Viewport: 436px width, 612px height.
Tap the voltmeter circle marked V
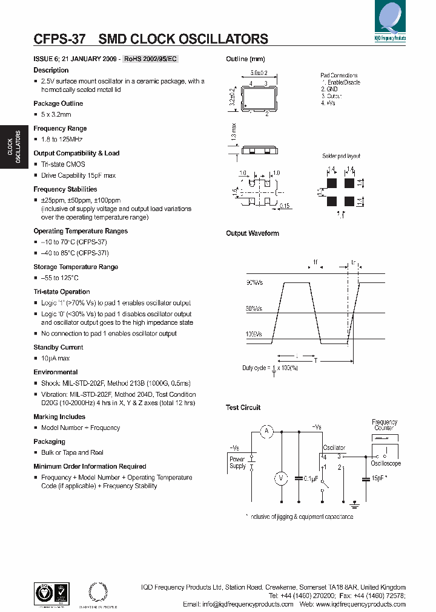tap(281, 478)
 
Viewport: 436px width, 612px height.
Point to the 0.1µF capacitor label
tap(310, 478)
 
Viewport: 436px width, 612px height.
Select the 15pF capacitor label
tap(378, 478)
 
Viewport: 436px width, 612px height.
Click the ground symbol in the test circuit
tap(355, 502)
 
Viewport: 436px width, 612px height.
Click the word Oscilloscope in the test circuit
tap(386, 463)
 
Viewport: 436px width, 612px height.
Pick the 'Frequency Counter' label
tap(384, 425)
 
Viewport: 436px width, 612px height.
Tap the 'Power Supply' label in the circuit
tap(237, 463)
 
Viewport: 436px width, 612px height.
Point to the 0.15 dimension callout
tap(285, 206)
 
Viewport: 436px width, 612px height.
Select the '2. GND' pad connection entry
tap(329, 89)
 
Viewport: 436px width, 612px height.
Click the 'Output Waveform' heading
tap(253, 233)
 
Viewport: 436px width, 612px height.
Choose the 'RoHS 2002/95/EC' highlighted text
tap(151, 59)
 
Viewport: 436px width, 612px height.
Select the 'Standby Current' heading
tap(58, 347)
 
